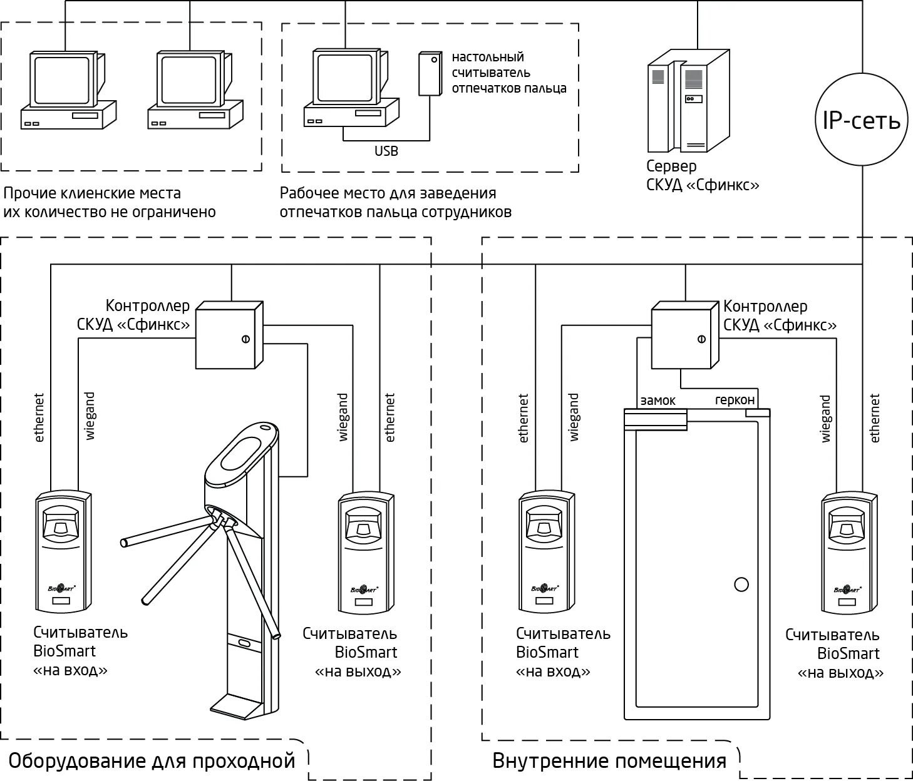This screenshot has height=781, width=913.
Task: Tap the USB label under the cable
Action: [x=386, y=151]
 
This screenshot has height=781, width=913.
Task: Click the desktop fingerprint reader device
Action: [x=430, y=74]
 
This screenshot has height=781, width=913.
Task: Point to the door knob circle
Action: [x=741, y=584]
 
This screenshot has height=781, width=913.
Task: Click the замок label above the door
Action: [x=658, y=401]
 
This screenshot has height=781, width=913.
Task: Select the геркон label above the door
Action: [x=735, y=401]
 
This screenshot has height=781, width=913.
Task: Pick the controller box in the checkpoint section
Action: [x=229, y=335]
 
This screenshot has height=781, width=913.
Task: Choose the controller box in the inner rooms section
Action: [x=684, y=335]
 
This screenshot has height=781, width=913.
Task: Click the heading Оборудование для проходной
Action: [x=152, y=761]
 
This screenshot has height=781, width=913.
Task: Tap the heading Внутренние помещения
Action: [x=609, y=761]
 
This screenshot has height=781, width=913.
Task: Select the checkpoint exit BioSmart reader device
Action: [x=366, y=552]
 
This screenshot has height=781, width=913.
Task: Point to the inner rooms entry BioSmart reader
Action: [x=547, y=552]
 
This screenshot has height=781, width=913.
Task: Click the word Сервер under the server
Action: [x=671, y=166]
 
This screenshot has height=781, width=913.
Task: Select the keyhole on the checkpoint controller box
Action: [x=245, y=339]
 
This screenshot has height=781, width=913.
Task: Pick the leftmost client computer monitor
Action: [x=63, y=79]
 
